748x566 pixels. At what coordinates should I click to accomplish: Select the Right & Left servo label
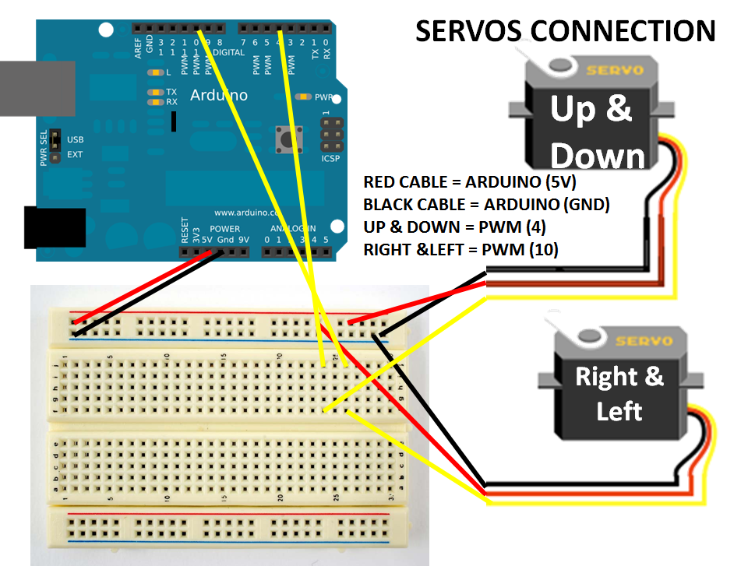click(619, 393)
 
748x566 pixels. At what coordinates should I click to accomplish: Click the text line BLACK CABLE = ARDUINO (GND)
click(486, 206)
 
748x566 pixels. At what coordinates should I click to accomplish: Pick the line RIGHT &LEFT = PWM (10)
click(460, 251)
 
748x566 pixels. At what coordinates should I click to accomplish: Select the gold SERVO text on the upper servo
click(615, 70)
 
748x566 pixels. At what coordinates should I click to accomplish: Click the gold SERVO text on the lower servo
click(643, 341)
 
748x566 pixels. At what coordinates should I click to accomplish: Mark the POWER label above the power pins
click(225, 229)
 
